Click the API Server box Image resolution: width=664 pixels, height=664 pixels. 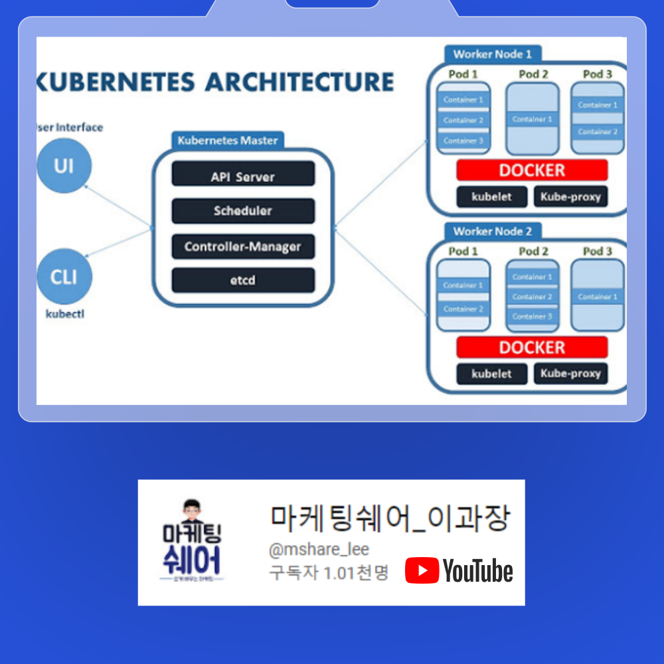(x=243, y=175)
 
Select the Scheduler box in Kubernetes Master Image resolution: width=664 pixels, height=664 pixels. (x=243, y=211)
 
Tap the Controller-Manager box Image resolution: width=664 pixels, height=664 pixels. (x=243, y=246)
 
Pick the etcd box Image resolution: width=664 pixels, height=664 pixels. (x=243, y=280)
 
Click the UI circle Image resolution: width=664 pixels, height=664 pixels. (x=64, y=165)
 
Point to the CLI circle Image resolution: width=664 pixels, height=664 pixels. (x=64, y=276)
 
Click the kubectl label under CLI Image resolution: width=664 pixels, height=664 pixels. (x=64, y=314)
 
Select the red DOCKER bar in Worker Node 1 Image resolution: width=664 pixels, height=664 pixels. (x=532, y=170)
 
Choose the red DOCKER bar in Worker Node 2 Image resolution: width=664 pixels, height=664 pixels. (x=532, y=347)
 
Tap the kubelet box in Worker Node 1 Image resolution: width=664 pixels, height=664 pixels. (x=492, y=197)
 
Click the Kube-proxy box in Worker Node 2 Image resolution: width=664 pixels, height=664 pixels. (x=570, y=373)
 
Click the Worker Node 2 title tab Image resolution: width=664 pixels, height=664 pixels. (x=493, y=231)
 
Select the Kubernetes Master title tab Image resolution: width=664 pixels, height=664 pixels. (x=228, y=141)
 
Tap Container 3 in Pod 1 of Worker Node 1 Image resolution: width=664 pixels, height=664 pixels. (x=463, y=141)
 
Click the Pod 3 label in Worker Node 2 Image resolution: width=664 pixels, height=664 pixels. (x=598, y=251)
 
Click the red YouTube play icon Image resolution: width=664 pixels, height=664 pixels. (x=422, y=570)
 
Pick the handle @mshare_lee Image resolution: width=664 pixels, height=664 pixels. (x=319, y=550)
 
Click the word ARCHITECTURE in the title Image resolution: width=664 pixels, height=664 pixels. (x=299, y=82)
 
